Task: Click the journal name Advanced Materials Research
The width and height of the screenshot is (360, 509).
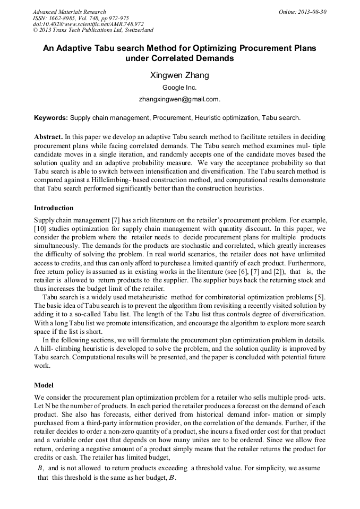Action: pos(69,12)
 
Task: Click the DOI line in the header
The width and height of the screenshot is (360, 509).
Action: pos(88,24)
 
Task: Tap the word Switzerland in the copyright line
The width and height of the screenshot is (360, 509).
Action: pos(136,30)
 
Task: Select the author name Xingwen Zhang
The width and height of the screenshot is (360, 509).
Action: pos(179,75)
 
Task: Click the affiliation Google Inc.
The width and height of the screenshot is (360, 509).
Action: pos(179,88)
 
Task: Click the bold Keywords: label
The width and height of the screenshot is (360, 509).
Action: pos(51,117)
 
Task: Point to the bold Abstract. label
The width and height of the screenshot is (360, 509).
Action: pos(48,136)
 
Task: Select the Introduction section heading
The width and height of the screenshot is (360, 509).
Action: pos(54,208)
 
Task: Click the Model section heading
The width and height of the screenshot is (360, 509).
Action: pos(44,385)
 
